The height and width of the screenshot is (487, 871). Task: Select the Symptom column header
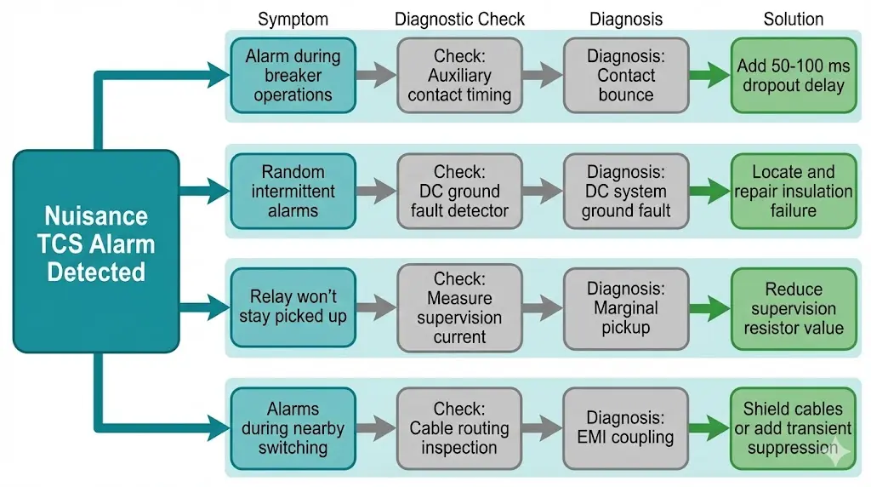pyautogui.click(x=293, y=19)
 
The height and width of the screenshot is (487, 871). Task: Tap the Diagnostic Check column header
pyautogui.click(x=459, y=19)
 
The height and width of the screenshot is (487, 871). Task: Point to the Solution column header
pyautogui.click(x=793, y=19)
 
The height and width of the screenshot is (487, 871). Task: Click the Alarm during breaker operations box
pyautogui.click(x=293, y=76)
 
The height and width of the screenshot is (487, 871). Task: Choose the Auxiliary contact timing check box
pyautogui.click(x=459, y=76)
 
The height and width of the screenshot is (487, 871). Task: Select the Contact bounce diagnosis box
pyautogui.click(x=626, y=76)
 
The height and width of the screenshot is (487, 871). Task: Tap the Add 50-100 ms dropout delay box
pyautogui.click(x=793, y=76)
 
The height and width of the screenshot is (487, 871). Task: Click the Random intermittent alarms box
pyautogui.click(x=293, y=192)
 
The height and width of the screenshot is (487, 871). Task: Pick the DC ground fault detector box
pyautogui.click(x=459, y=192)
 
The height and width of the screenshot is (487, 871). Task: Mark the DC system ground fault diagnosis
pyautogui.click(x=626, y=192)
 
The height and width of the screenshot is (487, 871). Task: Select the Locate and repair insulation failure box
pyautogui.click(x=793, y=192)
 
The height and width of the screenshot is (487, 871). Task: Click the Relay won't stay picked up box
pyautogui.click(x=293, y=307)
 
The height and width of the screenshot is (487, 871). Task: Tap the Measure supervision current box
pyautogui.click(x=459, y=307)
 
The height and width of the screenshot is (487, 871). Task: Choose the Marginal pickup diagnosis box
pyautogui.click(x=626, y=307)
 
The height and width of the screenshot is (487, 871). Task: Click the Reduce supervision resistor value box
pyautogui.click(x=793, y=307)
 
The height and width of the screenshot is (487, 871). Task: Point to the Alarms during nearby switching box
pyautogui.click(x=293, y=428)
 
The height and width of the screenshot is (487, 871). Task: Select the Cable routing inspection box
pyautogui.click(x=459, y=428)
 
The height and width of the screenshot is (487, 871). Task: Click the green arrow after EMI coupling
pyautogui.click(x=709, y=428)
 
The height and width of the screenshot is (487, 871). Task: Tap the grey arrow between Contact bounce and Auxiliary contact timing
pyautogui.click(x=542, y=76)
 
